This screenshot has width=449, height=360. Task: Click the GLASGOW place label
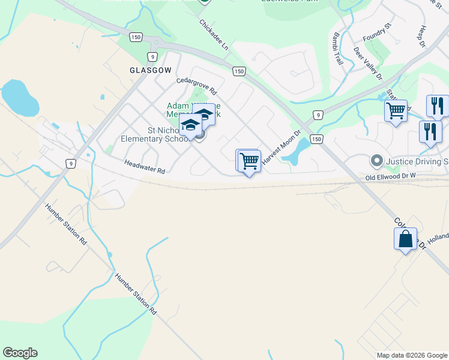click(150, 70)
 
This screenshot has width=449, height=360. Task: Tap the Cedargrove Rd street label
click(196, 86)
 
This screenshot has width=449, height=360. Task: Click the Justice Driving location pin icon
click(376, 160)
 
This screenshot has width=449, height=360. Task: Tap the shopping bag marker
click(405, 238)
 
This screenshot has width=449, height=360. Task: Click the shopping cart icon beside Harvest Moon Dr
click(249, 161)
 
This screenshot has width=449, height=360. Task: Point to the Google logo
click(20, 353)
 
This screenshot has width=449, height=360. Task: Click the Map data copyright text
click(411, 355)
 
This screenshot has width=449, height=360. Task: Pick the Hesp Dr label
click(421, 37)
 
